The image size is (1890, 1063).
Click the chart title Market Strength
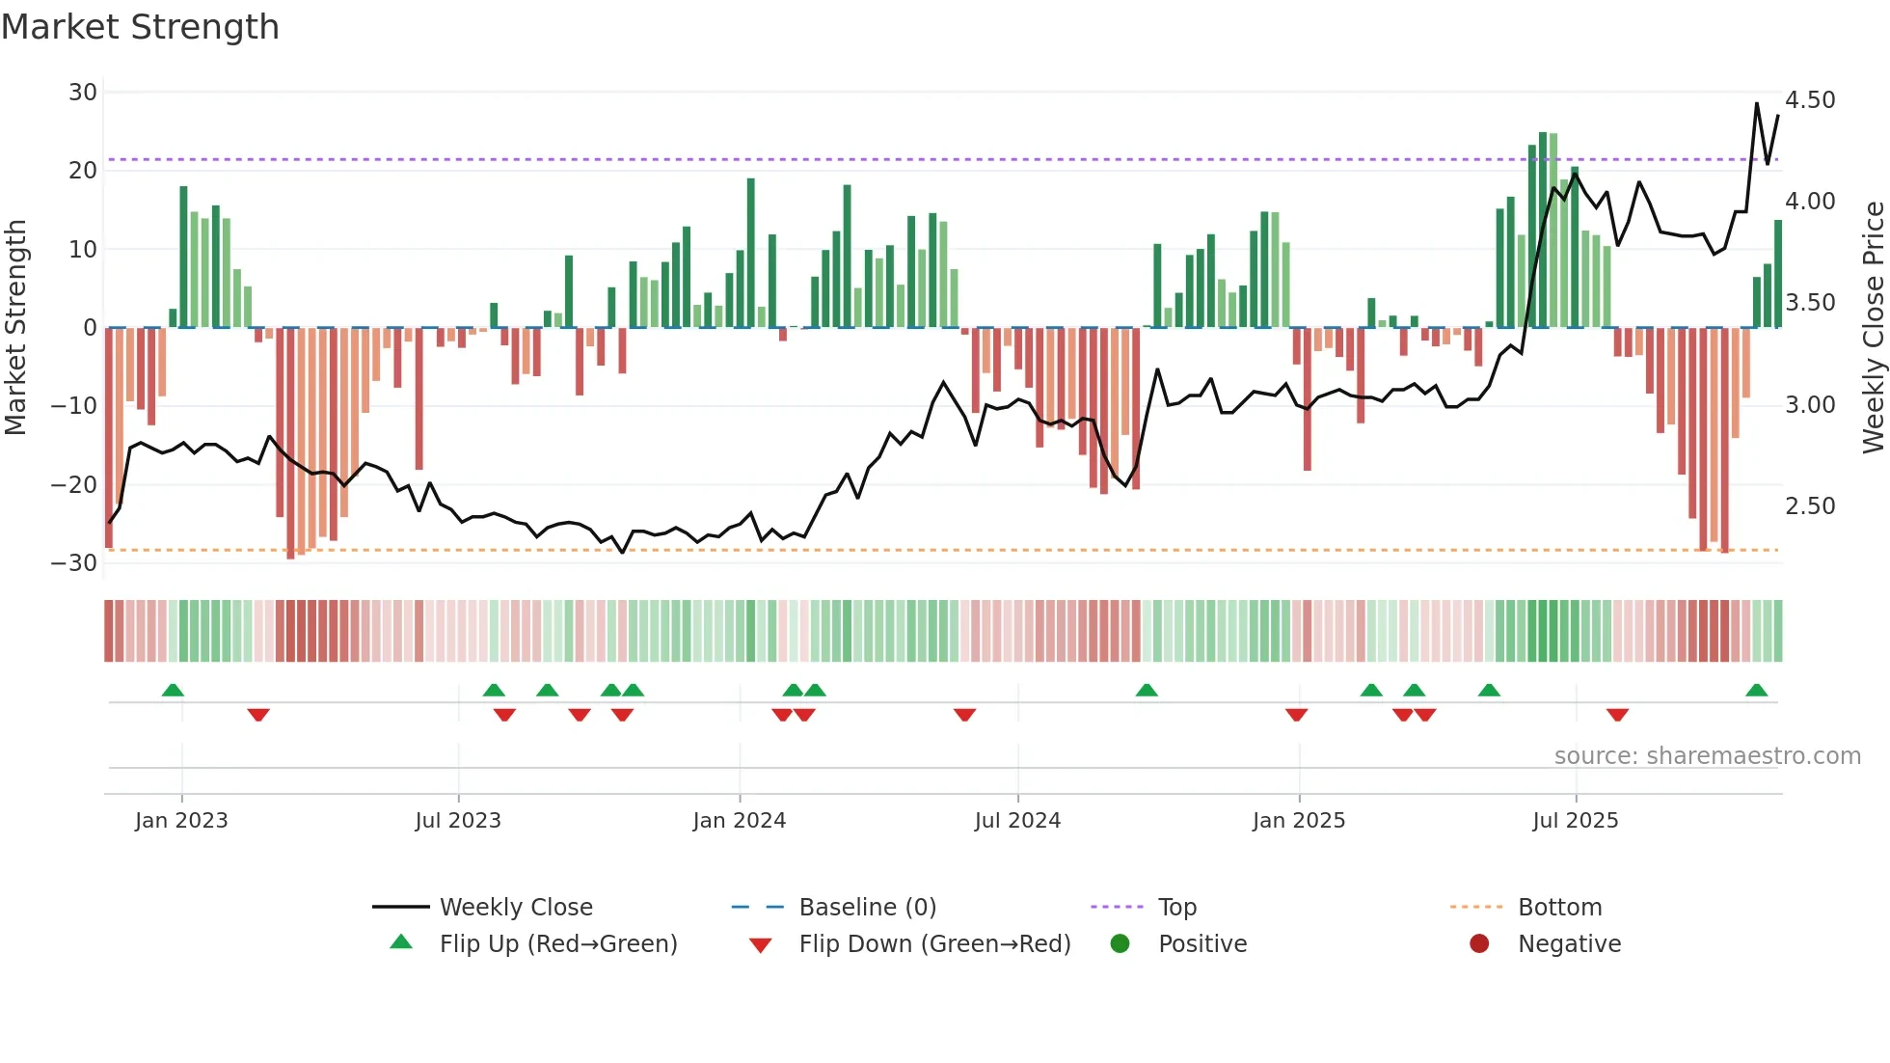coord(140,27)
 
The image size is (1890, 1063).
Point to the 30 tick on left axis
coord(83,93)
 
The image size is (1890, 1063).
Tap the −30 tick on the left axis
coord(74,563)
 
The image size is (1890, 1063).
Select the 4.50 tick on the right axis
coord(1810,100)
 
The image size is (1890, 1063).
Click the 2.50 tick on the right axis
coord(1810,506)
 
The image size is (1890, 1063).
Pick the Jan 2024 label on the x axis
coord(739,821)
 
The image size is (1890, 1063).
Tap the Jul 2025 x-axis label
coord(1575,821)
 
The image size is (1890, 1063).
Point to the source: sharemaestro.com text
coord(1707,756)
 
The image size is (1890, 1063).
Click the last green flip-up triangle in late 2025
coord(1756,691)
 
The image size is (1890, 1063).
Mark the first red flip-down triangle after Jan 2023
coord(257,715)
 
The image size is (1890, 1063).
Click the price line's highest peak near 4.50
coord(1756,103)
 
